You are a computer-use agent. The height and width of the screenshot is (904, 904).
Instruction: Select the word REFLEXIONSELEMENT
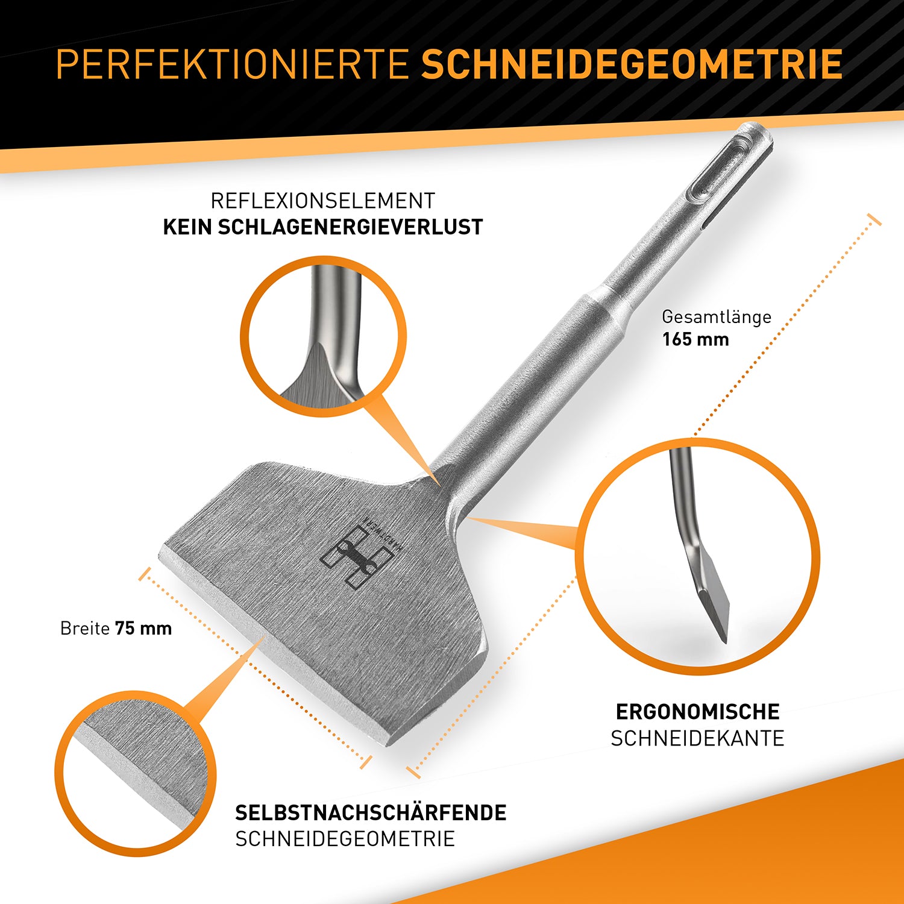tap(323, 201)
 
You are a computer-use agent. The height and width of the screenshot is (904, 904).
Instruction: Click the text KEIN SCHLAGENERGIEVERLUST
tap(323, 227)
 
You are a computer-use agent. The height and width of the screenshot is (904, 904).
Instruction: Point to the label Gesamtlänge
tap(717, 317)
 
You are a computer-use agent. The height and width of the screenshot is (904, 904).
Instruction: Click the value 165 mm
tap(695, 339)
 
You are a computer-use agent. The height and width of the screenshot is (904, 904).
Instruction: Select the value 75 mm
tap(143, 629)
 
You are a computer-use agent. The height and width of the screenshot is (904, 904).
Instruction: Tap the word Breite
tap(85, 629)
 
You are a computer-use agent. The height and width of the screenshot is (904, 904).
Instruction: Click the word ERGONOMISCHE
tap(697, 712)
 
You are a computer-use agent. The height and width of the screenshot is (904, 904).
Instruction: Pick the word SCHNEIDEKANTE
tap(697, 738)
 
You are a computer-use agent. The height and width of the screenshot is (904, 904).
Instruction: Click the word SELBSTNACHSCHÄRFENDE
tap(371, 812)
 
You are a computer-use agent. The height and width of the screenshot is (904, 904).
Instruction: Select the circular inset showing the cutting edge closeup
tap(136, 774)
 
